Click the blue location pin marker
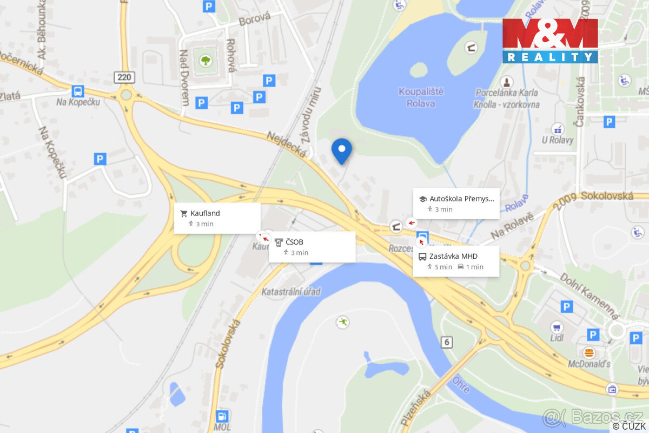341,150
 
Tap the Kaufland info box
217,218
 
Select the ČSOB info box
312,247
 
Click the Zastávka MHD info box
455,261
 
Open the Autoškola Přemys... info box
456,204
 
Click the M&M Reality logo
550,41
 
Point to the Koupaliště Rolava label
421,97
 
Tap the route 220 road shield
124,77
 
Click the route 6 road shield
446,342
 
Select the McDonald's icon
589,352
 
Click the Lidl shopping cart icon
557,327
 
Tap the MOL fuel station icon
222,416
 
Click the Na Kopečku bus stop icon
78,91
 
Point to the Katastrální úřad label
291,292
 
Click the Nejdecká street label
287,145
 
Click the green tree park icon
206,60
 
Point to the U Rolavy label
557,140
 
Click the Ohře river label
461,384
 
